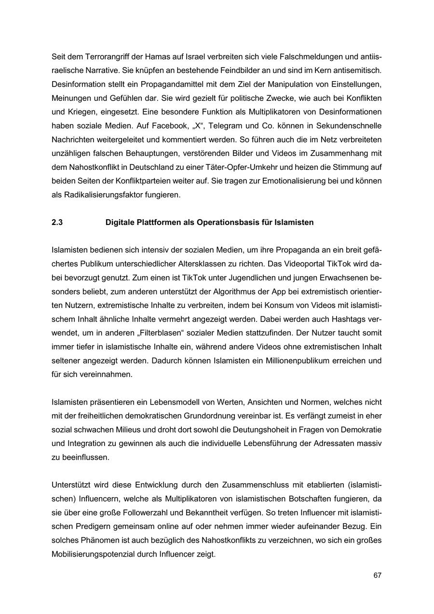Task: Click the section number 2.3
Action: click(57, 223)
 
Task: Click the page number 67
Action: click(377, 575)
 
